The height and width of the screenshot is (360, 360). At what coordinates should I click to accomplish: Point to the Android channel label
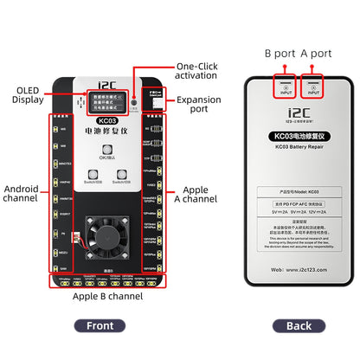21,193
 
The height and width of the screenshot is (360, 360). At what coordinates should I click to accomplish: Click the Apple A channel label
196,193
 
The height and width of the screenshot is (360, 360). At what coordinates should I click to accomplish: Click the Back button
298,325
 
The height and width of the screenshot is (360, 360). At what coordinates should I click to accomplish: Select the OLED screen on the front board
105,101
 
